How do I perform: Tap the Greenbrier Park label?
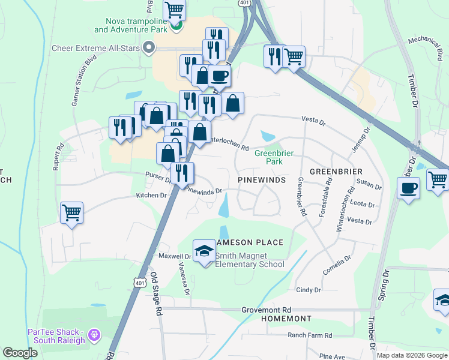click(x=274, y=157)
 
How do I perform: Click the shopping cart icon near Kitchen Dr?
click(x=71, y=212)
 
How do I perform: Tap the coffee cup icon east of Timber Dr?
click(x=408, y=188)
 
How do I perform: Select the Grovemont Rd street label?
click(x=266, y=310)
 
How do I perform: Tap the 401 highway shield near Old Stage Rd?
click(x=139, y=282)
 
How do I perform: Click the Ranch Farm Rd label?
click(x=310, y=335)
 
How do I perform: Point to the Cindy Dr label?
click(x=309, y=290)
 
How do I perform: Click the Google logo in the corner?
click(x=20, y=353)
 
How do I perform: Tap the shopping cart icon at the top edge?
click(x=174, y=9)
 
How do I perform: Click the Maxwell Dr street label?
click(x=174, y=256)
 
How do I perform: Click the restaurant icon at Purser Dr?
click(x=182, y=173)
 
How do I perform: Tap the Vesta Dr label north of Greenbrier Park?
click(x=313, y=122)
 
